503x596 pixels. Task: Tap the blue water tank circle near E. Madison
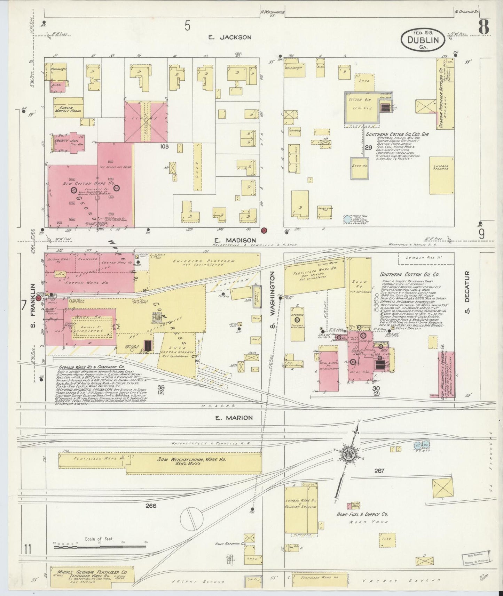(x=347, y=219)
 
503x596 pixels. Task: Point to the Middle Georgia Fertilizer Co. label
(x=90, y=572)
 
